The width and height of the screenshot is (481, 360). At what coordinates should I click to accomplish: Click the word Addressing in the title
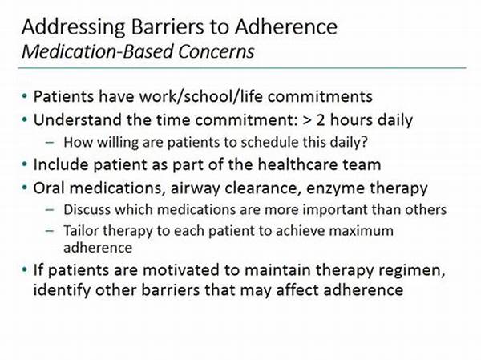74,27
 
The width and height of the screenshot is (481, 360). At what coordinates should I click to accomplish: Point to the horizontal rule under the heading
242,67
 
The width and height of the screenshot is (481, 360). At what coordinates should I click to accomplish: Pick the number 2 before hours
320,119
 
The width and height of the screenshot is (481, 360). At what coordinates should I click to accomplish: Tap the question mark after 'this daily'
364,142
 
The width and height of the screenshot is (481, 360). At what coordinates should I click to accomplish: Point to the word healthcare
298,164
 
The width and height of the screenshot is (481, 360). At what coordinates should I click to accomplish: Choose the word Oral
49,188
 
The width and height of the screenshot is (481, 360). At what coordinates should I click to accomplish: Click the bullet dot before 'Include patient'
25,164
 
